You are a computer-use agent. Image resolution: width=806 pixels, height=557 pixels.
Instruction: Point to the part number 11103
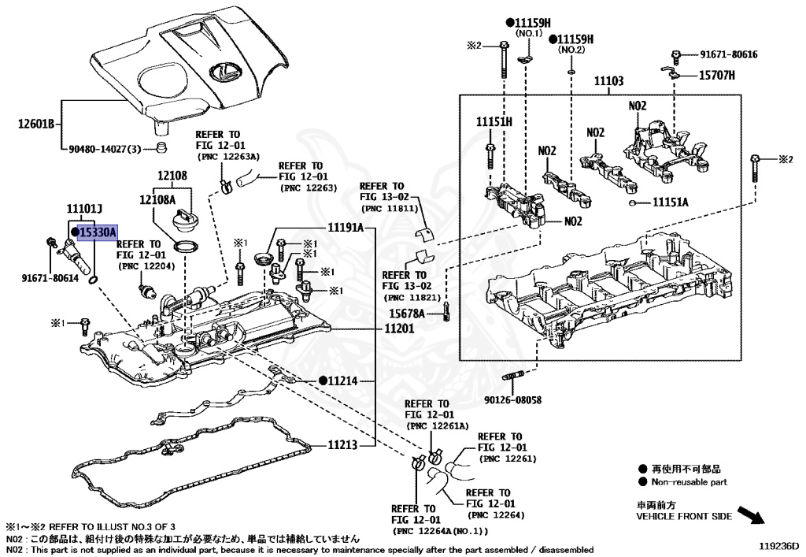[608, 80]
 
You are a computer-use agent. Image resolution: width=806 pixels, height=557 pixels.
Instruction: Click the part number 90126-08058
[513, 400]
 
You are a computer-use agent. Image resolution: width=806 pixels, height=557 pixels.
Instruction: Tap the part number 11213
[343, 445]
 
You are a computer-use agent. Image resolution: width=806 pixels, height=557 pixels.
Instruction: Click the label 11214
[343, 381]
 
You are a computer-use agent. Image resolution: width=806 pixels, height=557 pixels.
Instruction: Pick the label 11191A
[346, 228]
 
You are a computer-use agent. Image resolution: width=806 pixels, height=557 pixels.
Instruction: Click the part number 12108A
[160, 200]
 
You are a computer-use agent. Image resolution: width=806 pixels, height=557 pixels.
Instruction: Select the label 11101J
[85, 209]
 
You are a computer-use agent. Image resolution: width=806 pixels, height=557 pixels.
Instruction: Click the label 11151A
[670, 202]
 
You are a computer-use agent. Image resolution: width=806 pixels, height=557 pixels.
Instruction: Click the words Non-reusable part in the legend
[690, 481]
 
